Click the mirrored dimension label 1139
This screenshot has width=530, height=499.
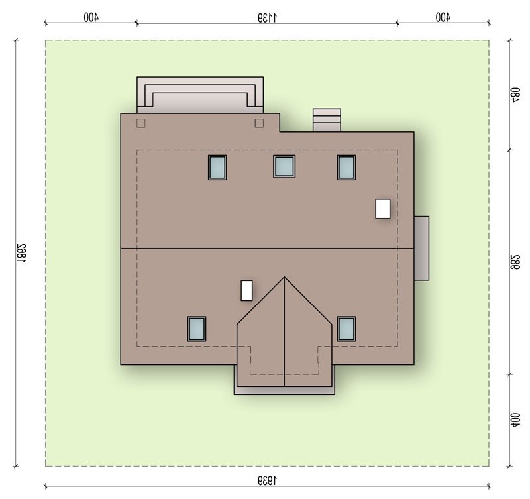pyautogui.click(x=267, y=17)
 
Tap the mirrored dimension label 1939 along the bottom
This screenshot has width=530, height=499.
pyautogui.click(x=267, y=480)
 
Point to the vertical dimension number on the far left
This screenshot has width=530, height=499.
pyautogui.click(x=21, y=253)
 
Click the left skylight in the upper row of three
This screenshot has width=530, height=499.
pyautogui.click(x=217, y=168)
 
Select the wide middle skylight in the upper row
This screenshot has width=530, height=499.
pyautogui.click(x=284, y=166)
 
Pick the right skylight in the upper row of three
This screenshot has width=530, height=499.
pyautogui.click(x=346, y=168)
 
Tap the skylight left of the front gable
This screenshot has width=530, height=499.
pyautogui.click(x=197, y=329)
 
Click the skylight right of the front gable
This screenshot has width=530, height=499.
pyautogui.click(x=346, y=329)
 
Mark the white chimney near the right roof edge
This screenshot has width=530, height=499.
pyautogui.click(x=383, y=209)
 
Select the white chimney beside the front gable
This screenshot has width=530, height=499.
pyautogui.click(x=246, y=290)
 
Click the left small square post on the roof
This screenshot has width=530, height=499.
pyautogui.click(x=141, y=123)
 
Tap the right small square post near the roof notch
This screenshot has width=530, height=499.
pyautogui.click(x=259, y=123)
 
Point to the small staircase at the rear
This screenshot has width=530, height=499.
pyautogui.click(x=327, y=120)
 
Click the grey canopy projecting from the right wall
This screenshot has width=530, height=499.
pyautogui.click(x=421, y=248)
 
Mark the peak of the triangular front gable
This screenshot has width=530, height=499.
pyautogui.click(x=284, y=277)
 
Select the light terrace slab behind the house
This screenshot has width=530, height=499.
pyautogui.click(x=200, y=95)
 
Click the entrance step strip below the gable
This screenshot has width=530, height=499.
pyautogui.click(x=284, y=390)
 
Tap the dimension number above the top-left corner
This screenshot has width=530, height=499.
pyautogui.click(x=91, y=17)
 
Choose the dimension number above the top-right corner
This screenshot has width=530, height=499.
pyautogui.click(x=443, y=17)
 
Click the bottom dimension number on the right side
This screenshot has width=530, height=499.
pyautogui.click(x=515, y=420)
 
